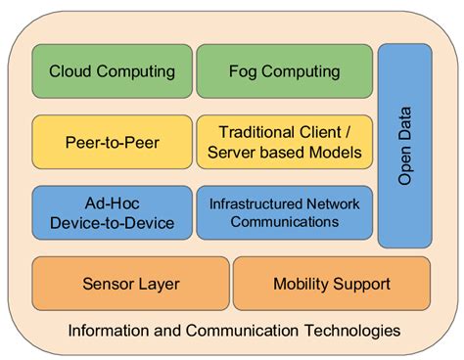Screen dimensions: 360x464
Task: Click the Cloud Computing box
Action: pos(112,71)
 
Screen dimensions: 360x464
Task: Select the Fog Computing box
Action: pos(285,71)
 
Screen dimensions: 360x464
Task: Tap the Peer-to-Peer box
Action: pos(112,142)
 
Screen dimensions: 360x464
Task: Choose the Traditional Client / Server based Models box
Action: pos(285,142)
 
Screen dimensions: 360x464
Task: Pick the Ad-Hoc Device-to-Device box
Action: pos(112,212)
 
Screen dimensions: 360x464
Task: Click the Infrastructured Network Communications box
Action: pos(285,212)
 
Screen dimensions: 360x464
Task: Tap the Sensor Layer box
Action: pos(130,284)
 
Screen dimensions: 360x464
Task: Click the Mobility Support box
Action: pos(332,284)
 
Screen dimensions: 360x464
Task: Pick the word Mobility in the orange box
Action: pos(302,284)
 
